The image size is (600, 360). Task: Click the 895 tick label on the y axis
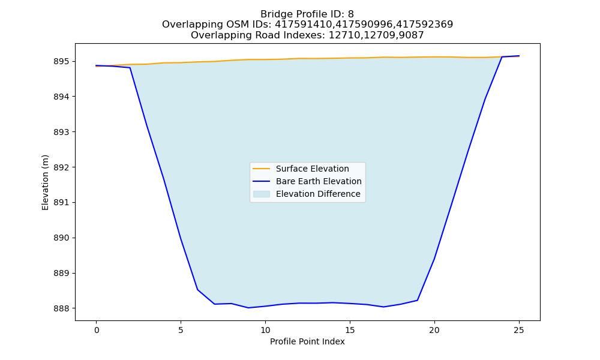point(62,62)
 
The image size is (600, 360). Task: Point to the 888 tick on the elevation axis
point(62,308)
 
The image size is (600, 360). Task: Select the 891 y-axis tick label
point(62,202)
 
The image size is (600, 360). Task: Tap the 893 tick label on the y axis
point(62,132)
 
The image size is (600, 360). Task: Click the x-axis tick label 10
point(265,330)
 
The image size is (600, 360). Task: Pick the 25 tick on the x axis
point(519,330)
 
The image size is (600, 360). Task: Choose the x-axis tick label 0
point(97,330)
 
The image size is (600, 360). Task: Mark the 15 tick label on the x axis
point(350,330)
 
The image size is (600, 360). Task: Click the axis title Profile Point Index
point(307,341)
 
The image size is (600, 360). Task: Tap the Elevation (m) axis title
point(45,182)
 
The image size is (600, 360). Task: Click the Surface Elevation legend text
point(312,169)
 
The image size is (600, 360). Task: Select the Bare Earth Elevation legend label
point(319,181)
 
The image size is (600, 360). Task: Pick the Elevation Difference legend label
point(318,194)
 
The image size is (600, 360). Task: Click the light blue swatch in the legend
point(262,194)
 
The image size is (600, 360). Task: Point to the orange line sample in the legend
point(262,169)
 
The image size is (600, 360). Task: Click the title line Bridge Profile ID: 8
point(307,14)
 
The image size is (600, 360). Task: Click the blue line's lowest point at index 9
point(248,308)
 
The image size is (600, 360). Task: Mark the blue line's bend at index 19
point(418,301)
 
